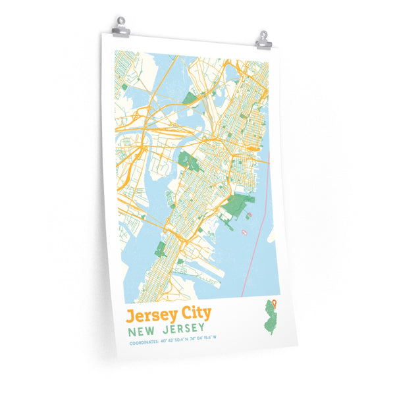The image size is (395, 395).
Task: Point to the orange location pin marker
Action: coord(275,303)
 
